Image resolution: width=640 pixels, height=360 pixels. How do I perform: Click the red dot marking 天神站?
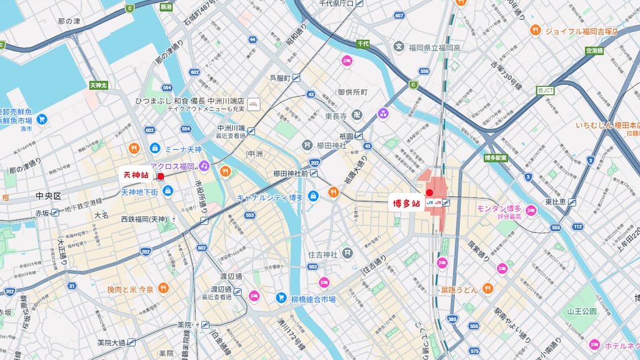[161, 177]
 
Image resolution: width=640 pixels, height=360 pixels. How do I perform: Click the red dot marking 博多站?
[429, 192]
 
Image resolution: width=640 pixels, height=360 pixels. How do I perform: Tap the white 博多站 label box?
[406, 203]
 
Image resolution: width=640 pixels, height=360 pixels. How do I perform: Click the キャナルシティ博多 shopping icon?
[313, 197]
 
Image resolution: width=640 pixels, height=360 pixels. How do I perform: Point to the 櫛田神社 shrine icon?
[307, 145]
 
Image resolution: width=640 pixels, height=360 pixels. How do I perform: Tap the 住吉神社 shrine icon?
[347, 254]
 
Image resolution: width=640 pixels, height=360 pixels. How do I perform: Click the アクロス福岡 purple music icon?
[204, 166]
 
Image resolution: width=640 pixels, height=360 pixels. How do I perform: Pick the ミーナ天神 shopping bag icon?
[154, 149]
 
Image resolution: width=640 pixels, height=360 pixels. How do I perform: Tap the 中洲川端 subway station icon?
[251, 131]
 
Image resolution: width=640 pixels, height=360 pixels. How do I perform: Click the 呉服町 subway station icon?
[296, 78]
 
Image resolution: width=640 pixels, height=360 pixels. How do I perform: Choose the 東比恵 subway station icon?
[572, 202]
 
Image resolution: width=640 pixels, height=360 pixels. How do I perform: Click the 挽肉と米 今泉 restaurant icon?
[163, 288]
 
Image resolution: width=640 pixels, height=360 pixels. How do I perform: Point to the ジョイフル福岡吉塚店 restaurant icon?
[535, 30]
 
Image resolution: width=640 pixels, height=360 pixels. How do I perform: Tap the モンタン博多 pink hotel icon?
[531, 209]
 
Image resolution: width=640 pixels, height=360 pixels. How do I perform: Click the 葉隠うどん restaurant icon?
[487, 289]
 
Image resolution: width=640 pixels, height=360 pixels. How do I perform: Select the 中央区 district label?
[48, 196]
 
